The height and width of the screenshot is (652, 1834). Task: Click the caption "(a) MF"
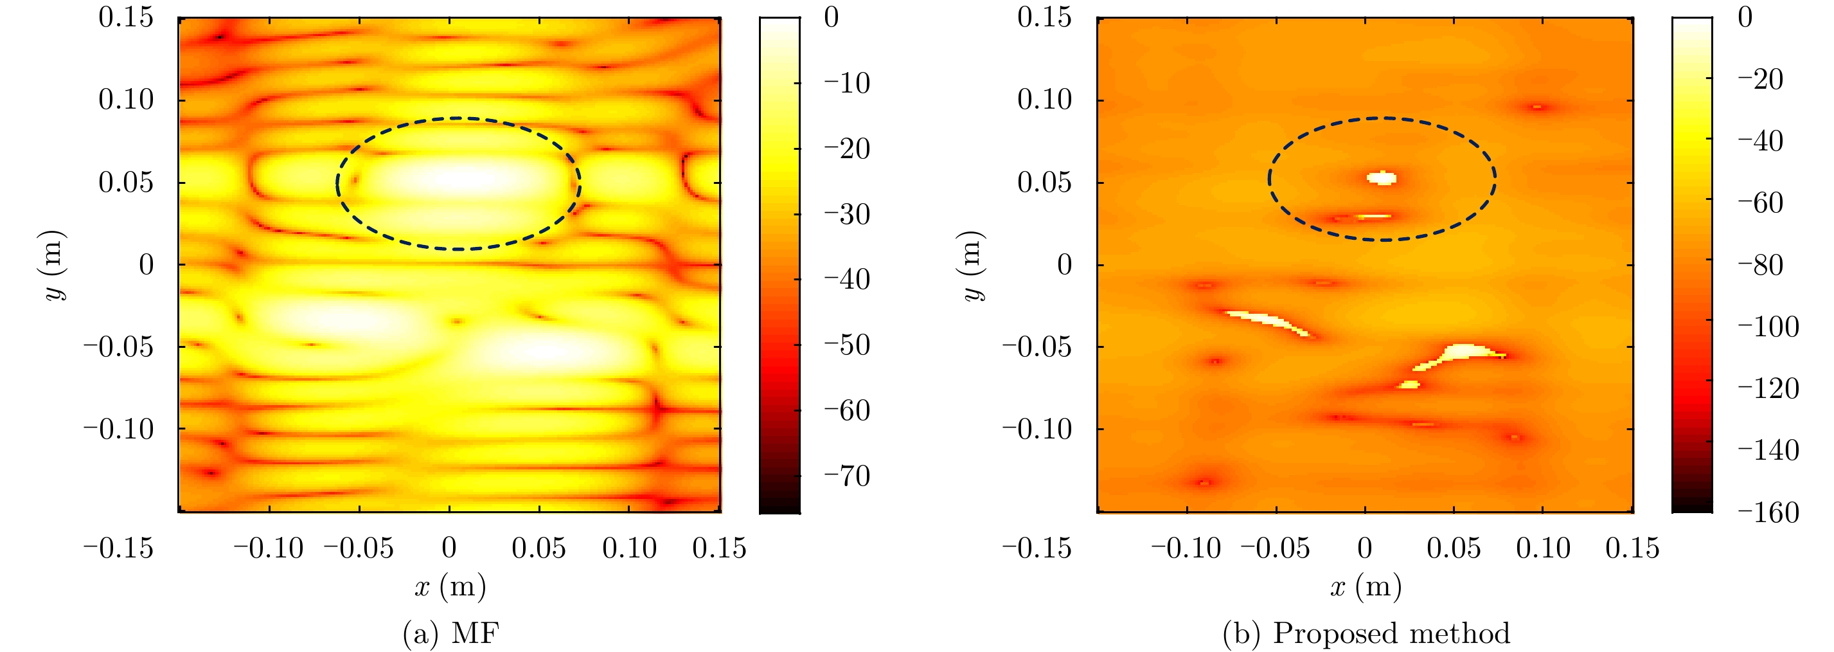click(450, 633)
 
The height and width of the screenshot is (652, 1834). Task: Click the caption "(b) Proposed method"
click(1366, 633)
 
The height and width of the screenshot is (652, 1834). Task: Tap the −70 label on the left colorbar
click(846, 476)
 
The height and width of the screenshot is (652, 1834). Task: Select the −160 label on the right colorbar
click(1768, 512)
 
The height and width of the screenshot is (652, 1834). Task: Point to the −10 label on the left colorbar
click(846, 84)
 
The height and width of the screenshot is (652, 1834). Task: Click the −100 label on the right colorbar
click(1768, 327)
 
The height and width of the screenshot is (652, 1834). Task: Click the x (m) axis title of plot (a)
click(450, 586)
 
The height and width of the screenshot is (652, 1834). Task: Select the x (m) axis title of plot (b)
click(1366, 586)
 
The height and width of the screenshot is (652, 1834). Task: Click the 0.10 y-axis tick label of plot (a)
click(125, 100)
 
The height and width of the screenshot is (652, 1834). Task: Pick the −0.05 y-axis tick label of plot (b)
click(1037, 347)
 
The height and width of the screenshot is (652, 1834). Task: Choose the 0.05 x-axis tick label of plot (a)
click(539, 548)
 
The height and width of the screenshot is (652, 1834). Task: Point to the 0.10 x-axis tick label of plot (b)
click(1543, 548)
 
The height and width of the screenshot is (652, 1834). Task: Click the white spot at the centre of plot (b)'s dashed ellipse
click(1382, 177)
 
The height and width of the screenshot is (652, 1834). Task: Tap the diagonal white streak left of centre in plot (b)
click(1268, 321)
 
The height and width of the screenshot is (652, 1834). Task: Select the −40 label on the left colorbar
click(846, 279)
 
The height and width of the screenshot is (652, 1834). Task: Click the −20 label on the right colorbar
click(1760, 79)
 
